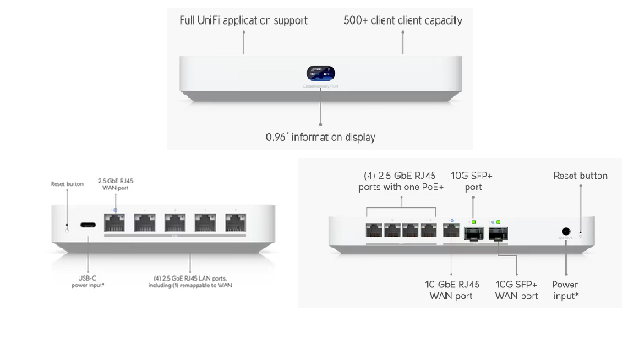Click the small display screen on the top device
(319, 73)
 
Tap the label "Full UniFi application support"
(243, 19)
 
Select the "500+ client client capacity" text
(402, 19)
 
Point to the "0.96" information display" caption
(319, 136)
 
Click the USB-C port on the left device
(87, 226)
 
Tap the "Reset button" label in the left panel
(67, 183)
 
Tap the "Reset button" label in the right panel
(580, 176)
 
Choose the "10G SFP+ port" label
(472, 182)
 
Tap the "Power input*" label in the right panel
(565, 289)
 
